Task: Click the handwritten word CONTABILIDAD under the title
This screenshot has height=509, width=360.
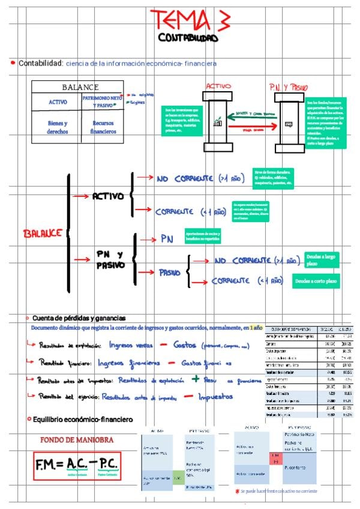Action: coord(188,38)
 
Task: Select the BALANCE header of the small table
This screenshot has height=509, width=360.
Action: coord(80,87)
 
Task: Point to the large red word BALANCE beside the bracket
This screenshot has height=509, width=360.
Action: coord(43,232)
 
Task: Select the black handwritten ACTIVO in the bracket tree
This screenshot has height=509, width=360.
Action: coord(108,196)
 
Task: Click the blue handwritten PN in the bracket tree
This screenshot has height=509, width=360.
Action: coord(167,239)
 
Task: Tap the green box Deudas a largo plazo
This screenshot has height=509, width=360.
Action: coord(321,260)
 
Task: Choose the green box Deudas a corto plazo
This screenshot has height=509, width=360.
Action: coord(316,280)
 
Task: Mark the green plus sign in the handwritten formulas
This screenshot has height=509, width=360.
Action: coord(195,379)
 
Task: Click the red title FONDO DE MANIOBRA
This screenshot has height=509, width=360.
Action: coord(74,440)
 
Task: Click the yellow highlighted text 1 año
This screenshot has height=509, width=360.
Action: coord(256,328)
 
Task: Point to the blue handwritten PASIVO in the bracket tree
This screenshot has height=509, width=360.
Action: coord(170,273)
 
